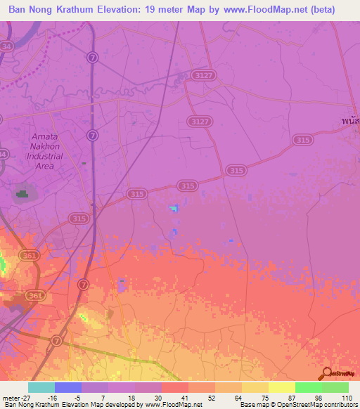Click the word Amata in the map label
46,136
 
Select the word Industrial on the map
46,156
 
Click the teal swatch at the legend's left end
41,387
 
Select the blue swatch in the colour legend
68,387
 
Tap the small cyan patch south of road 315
173,208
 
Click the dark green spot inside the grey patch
24,194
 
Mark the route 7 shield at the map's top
93,56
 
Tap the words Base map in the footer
252,405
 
